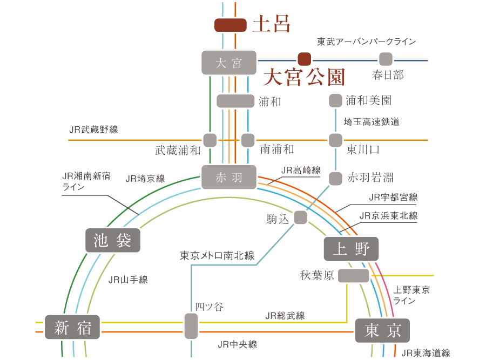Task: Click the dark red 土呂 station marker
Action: click(x=230, y=25)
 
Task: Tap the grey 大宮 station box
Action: click(x=229, y=63)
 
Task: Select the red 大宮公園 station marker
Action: click(x=305, y=59)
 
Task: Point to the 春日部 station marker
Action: click(x=386, y=59)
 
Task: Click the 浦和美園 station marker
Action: click(x=335, y=101)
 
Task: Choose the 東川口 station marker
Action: click(x=335, y=140)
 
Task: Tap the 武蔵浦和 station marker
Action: click(x=210, y=140)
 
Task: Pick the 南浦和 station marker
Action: click(x=248, y=140)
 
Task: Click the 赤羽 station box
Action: click(x=229, y=177)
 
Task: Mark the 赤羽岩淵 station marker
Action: click(x=335, y=179)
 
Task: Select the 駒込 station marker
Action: click(x=300, y=217)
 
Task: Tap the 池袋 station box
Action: click(x=113, y=240)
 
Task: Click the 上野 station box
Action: click(x=351, y=249)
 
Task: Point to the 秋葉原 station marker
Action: click(x=353, y=276)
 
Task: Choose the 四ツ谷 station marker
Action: click(x=191, y=326)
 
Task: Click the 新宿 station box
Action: click(x=72, y=327)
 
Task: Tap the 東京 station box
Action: click(x=382, y=330)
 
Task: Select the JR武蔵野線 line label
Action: click(x=93, y=130)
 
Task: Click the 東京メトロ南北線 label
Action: click(x=217, y=256)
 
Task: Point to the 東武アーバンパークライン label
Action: click(x=366, y=42)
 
